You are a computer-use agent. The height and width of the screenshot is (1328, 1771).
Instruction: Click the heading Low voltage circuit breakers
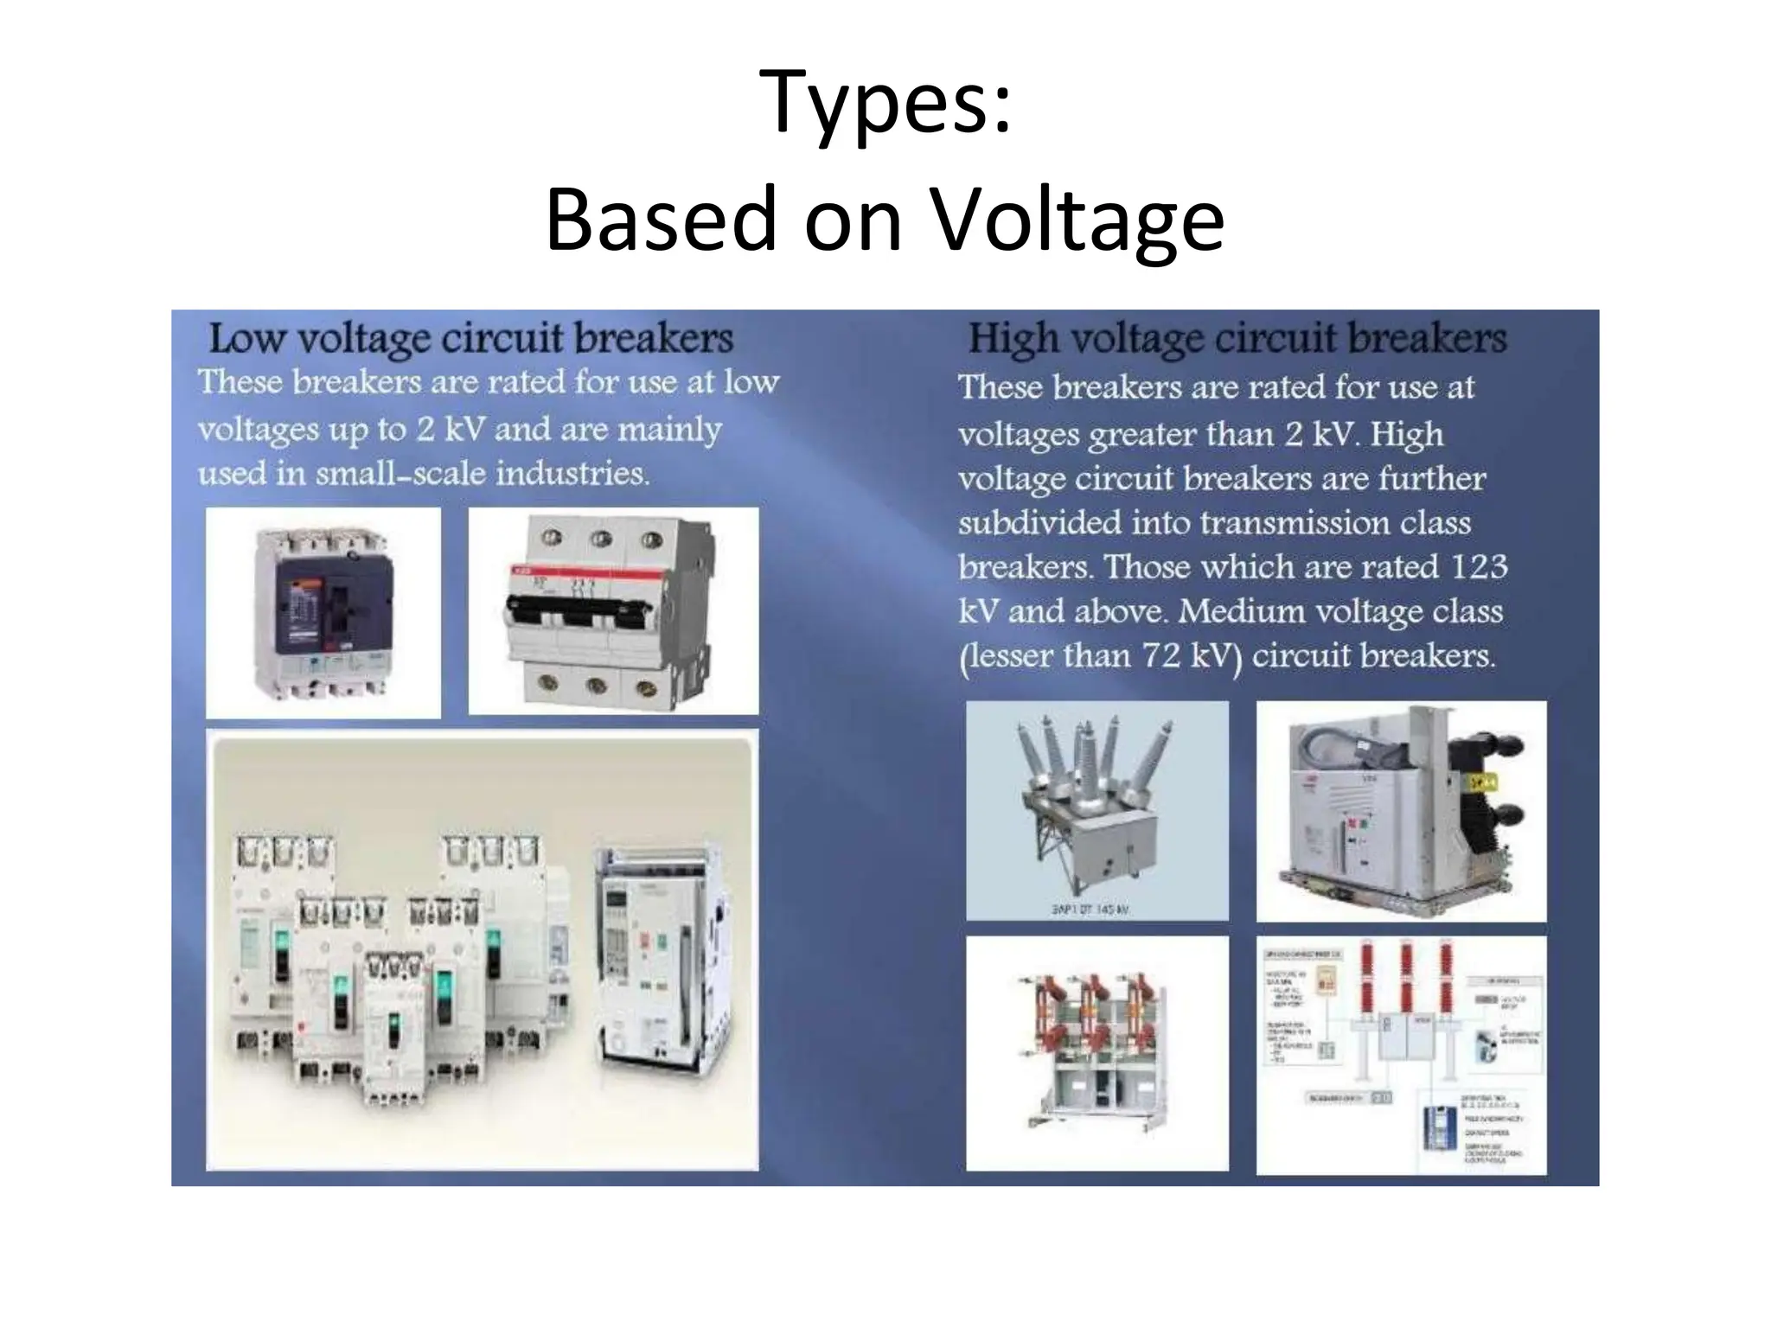coord(470,338)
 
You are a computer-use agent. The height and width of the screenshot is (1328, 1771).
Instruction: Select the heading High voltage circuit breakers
coord(1237,338)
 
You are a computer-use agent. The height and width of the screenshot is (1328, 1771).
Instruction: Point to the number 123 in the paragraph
coord(1479,566)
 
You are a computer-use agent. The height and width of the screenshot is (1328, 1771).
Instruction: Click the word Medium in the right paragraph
coord(1242,611)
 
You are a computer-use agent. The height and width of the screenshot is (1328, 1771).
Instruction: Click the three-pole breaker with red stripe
coord(612,610)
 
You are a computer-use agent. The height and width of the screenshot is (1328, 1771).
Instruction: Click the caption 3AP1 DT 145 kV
coord(1091,910)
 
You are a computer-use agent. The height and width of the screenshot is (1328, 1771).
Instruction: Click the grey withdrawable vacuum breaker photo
coord(1400,810)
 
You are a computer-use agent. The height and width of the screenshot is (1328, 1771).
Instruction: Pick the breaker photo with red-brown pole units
coord(1096,1052)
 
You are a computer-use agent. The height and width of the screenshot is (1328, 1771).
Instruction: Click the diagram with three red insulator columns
coord(1401,1055)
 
